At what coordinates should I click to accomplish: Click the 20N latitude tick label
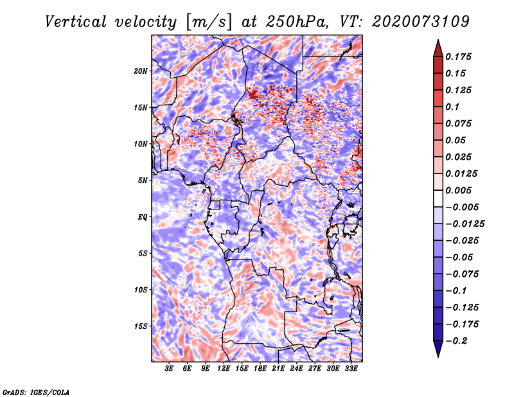[x=141, y=71]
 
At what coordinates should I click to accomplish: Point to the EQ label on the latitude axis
[x=143, y=217]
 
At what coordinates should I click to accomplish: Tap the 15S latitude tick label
[x=141, y=326]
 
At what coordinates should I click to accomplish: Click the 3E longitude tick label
[x=170, y=369]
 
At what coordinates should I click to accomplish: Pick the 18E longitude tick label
[x=260, y=369]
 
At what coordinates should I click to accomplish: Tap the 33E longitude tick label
[x=351, y=369]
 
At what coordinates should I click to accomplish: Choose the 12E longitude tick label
[x=224, y=369]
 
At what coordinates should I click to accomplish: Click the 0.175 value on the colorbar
[x=461, y=57]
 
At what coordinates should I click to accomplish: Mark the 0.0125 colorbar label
[x=463, y=173]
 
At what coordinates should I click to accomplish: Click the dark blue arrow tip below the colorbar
[x=438, y=352]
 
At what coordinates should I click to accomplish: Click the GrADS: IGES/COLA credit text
[x=36, y=391]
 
